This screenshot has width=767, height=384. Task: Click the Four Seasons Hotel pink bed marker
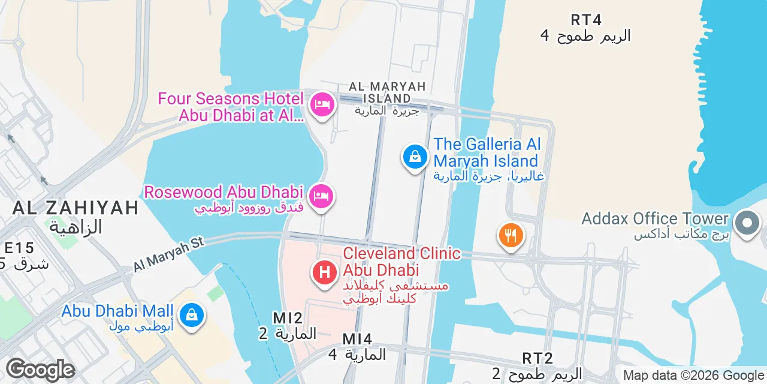click(x=322, y=105)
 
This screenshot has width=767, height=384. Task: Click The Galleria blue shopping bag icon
click(x=415, y=157)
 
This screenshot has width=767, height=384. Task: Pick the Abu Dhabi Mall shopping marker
click(x=192, y=314)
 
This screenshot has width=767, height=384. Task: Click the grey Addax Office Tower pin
click(x=747, y=223)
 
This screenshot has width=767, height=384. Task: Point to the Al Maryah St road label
click(x=168, y=254)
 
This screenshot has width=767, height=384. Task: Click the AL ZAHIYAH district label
click(x=76, y=208)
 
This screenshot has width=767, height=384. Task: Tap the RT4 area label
click(x=585, y=20)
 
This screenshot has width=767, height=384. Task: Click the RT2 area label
click(x=537, y=358)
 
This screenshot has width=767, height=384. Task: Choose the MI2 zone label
click(x=287, y=318)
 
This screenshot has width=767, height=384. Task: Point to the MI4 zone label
click(x=357, y=339)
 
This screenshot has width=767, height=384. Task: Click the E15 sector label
click(x=19, y=247)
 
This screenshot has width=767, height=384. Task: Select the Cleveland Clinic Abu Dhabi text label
click(x=401, y=262)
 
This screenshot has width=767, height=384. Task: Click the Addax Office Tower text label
click(x=654, y=218)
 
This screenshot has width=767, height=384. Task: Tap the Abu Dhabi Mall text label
click(x=117, y=311)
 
